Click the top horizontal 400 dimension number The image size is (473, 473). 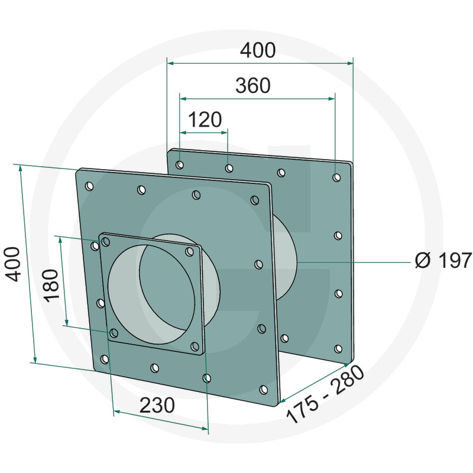(x=258, y=50)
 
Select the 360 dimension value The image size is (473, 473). (x=253, y=85)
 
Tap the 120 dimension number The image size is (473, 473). (x=205, y=119)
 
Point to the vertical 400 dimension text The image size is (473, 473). (x=13, y=264)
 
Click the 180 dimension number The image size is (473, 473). (x=51, y=286)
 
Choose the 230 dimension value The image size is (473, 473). (x=157, y=405)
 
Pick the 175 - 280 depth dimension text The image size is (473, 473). (x=325, y=394)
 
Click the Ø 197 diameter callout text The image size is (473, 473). (x=443, y=260)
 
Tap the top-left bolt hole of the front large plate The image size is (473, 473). (x=89, y=186)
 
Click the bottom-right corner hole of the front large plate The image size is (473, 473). (x=264, y=390)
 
